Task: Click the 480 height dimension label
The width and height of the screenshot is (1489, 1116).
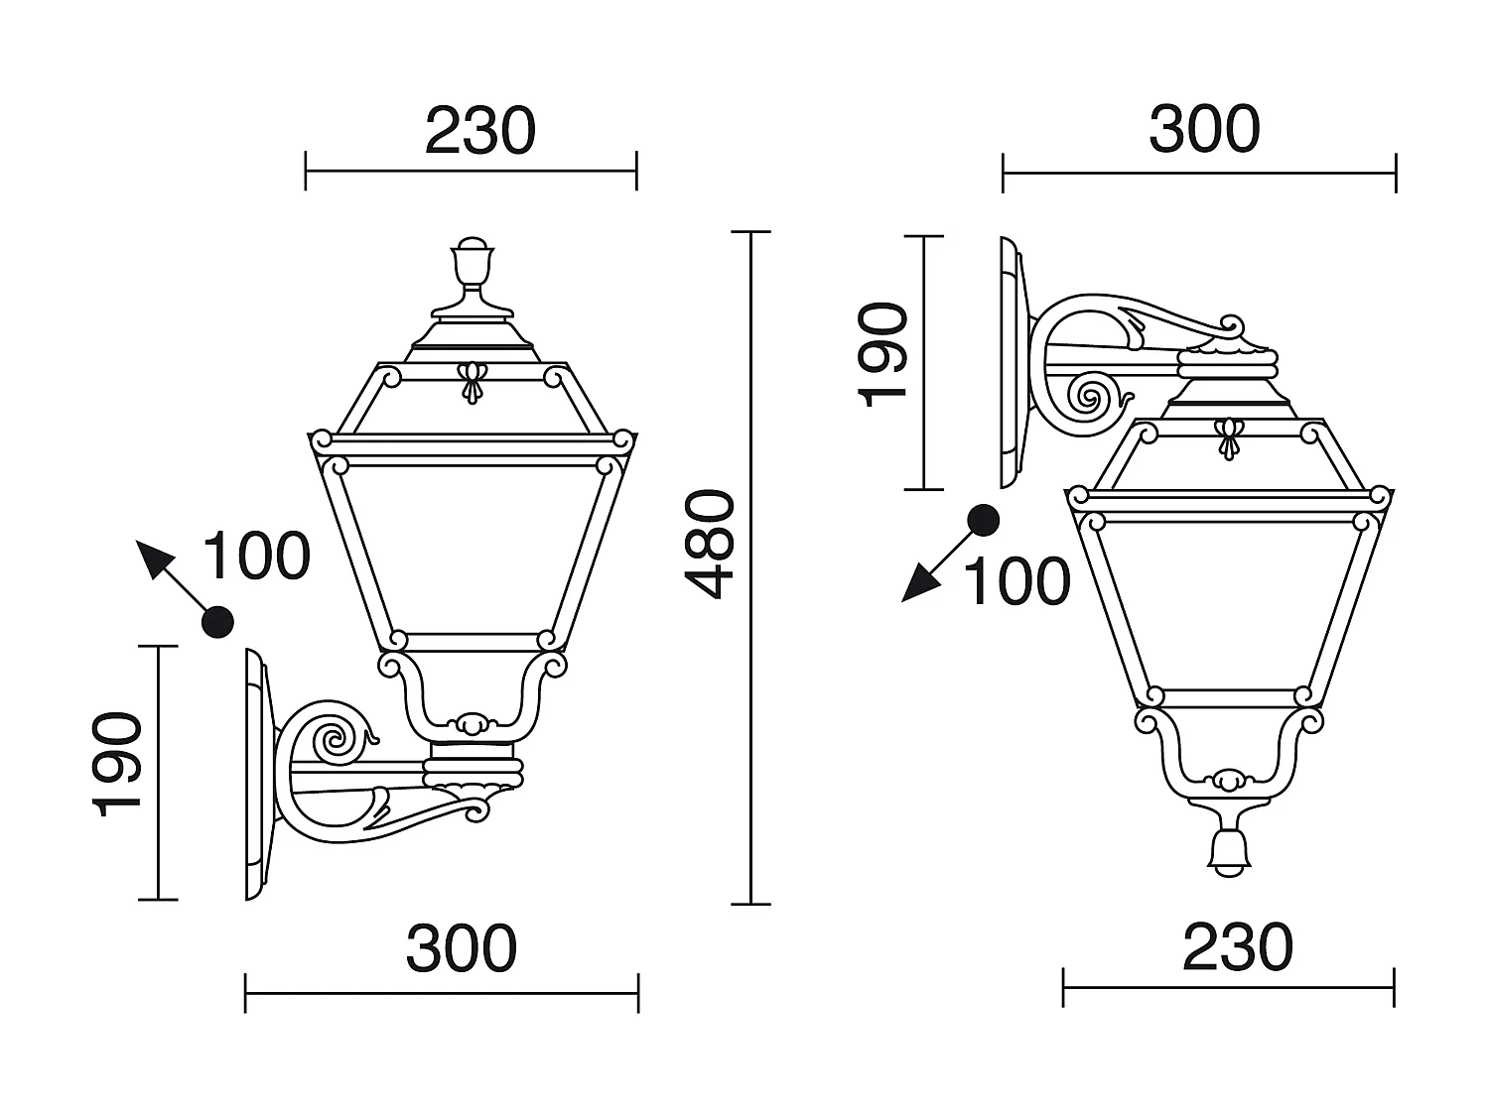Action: coord(710,545)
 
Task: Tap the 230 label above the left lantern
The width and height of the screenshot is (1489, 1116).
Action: coord(480,130)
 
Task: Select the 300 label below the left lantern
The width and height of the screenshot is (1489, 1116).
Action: coord(462,948)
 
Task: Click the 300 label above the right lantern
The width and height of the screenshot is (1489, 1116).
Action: coord(1204,129)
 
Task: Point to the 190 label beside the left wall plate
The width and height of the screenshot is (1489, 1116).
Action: coord(117,764)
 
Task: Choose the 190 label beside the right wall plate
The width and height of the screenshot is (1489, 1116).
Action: coord(882,355)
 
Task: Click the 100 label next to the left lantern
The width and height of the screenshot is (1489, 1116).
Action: coord(257,556)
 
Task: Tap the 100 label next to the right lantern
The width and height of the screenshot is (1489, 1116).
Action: coord(1016,581)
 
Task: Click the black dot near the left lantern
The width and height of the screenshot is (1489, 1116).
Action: coord(217,621)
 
